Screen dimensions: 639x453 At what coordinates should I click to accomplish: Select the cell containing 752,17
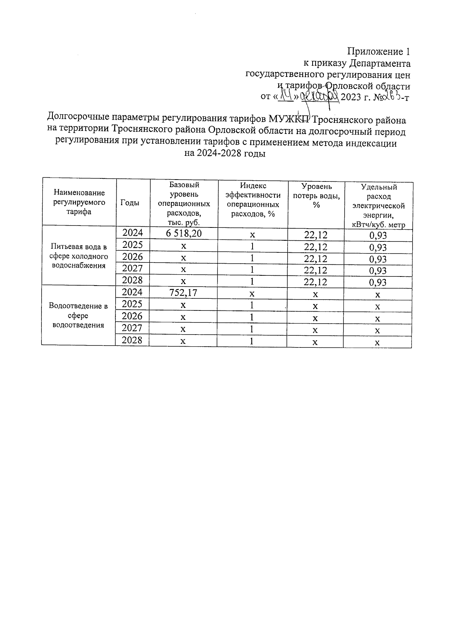(x=183, y=293)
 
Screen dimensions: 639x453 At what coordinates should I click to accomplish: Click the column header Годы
(x=129, y=203)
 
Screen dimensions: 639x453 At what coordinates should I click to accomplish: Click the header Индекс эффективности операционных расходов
(x=253, y=200)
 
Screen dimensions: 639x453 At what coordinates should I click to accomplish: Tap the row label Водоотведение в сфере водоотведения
(x=79, y=315)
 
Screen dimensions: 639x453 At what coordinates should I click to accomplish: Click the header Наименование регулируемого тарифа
(x=79, y=202)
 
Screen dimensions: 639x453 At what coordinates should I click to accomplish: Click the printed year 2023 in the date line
(x=351, y=97)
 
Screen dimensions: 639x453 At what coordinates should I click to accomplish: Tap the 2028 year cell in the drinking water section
(x=133, y=280)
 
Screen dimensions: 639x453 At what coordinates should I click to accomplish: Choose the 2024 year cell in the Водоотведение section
(x=133, y=292)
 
